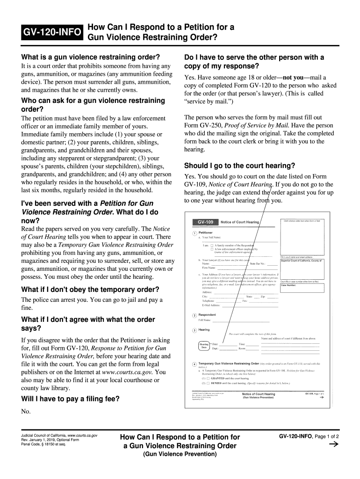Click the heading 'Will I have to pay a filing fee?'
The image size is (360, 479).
[71, 399]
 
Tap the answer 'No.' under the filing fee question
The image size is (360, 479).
[26, 412]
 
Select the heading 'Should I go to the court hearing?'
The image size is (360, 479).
[240, 166]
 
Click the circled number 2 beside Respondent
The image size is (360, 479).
[194, 315]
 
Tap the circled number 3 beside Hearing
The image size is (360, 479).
[194, 330]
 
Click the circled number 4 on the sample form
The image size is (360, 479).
[194, 364]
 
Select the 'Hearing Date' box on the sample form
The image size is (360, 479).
[204, 346]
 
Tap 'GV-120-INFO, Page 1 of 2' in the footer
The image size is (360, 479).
[309, 436]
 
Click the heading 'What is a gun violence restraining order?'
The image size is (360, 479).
[91, 57]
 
